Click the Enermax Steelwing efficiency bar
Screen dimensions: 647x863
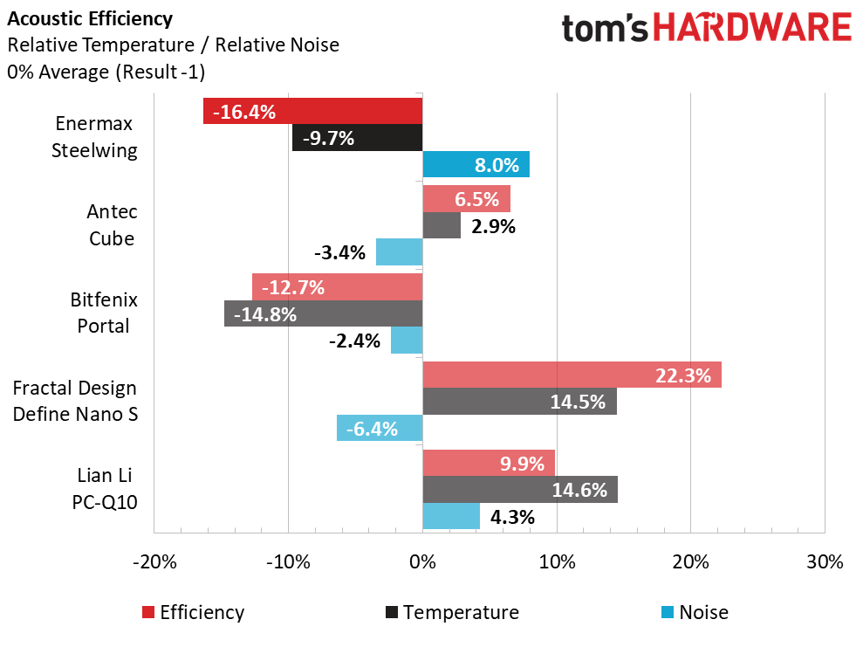pos(312,111)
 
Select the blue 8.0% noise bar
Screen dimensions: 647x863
pos(476,164)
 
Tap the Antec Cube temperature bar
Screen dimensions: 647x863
pos(442,226)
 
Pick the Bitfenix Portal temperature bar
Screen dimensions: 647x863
pos(323,313)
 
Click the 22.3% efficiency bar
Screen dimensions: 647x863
pos(572,375)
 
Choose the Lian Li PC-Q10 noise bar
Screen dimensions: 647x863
pos(451,516)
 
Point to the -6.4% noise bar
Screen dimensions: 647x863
pos(380,428)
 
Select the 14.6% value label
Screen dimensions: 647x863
pos(579,490)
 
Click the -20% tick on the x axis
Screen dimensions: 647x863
pos(154,561)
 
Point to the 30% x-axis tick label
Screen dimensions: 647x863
pos(825,561)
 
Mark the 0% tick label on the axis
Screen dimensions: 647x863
pos(422,561)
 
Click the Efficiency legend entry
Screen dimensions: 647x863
pos(194,612)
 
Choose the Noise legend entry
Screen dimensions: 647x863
pos(695,612)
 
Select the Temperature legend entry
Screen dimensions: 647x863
pos(451,612)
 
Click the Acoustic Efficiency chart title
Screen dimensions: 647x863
pos(90,18)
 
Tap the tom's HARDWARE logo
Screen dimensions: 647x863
pos(707,28)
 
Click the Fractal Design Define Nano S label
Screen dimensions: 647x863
pos(75,401)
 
